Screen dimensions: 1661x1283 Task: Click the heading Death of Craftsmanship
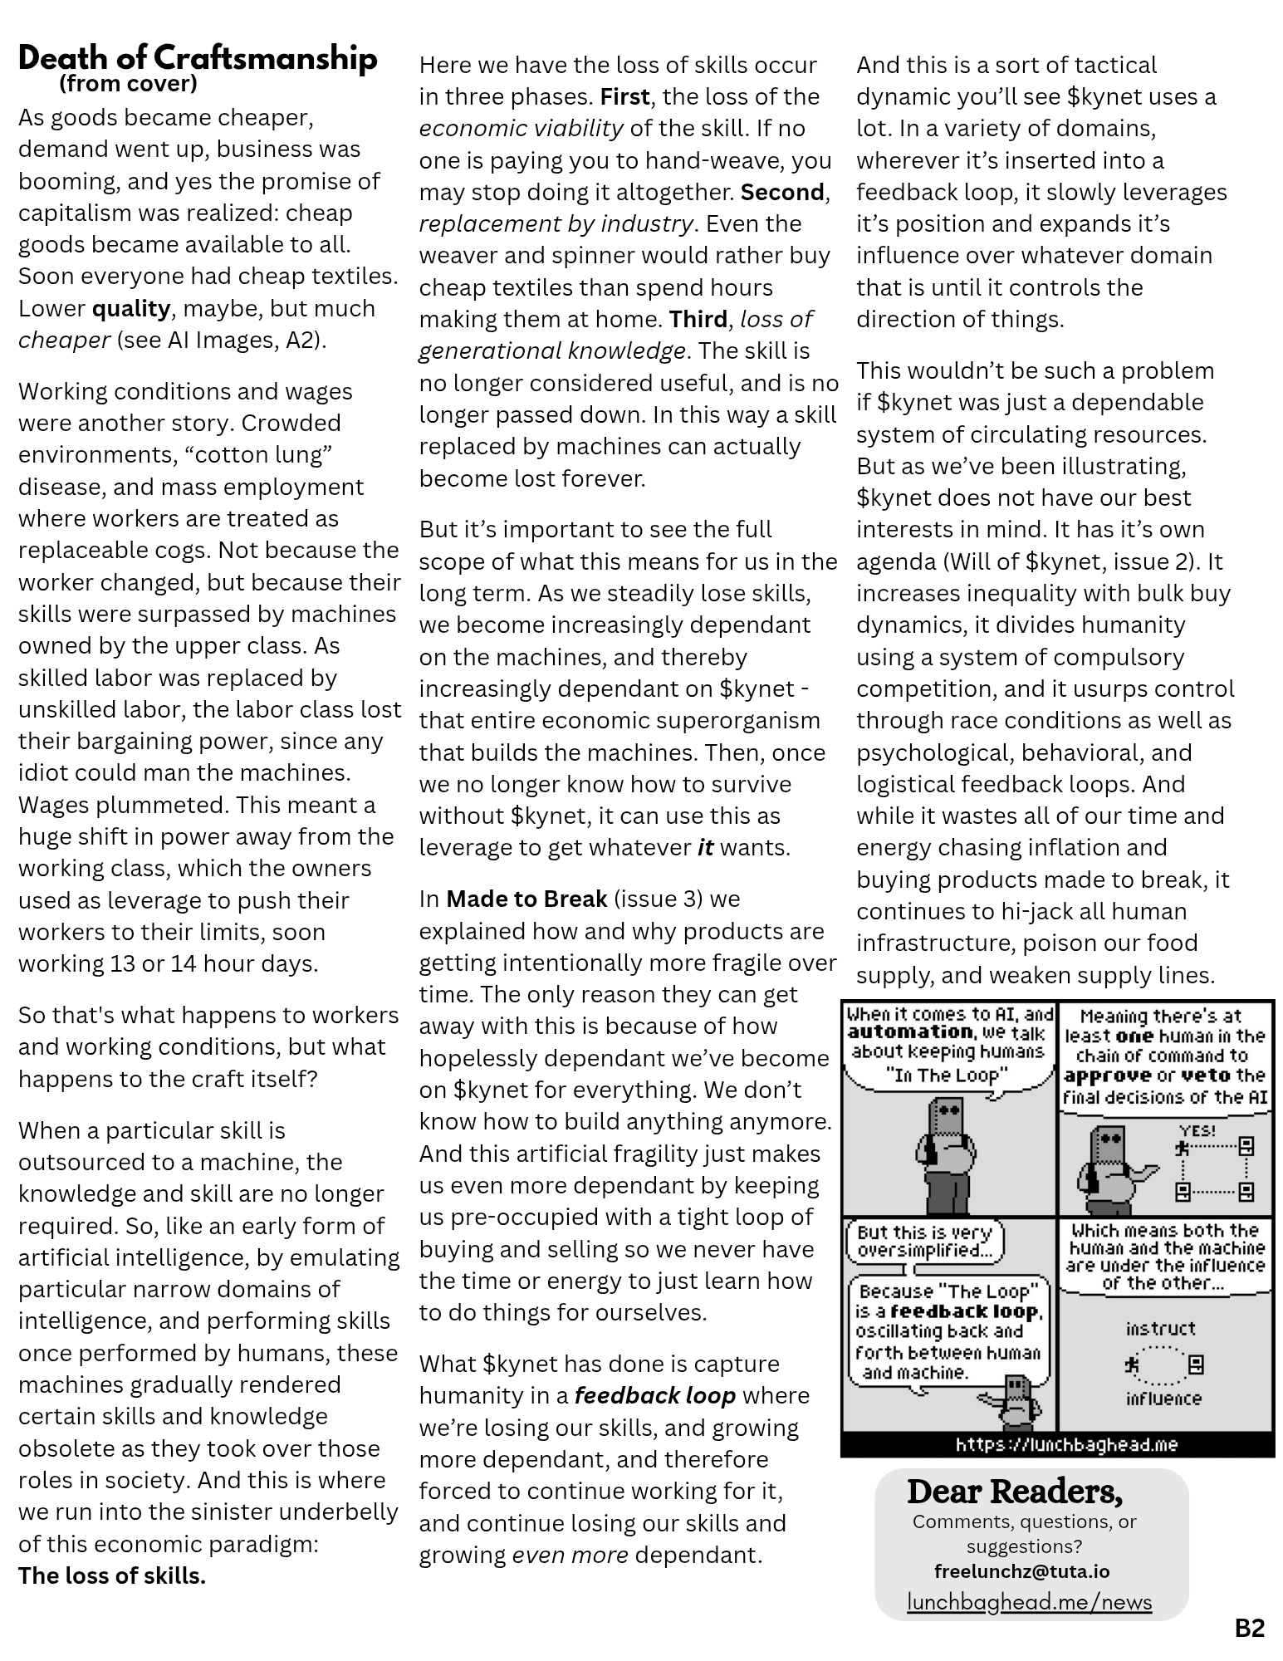[198, 58]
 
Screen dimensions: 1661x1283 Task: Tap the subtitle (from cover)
[128, 84]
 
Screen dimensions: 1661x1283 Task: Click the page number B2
[1249, 1628]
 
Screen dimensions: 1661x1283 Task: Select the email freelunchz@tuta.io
[1021, 1571]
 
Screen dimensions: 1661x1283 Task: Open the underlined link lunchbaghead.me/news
[1029, 1601]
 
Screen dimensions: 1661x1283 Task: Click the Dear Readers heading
[1014, 1492]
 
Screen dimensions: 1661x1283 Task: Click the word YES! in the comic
[1197, 1131]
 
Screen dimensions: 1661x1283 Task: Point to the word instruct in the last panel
[1160, 1329]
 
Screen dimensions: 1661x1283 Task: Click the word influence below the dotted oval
[1163, 1399]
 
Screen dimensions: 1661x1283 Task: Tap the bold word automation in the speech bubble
[908, 1032]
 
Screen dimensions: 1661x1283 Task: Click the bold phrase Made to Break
[526, 899]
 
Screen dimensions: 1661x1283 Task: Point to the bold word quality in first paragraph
[130, 309]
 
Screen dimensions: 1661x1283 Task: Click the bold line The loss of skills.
[112, 1575]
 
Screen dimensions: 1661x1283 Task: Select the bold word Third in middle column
[698, 319]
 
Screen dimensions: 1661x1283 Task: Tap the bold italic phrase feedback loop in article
[654, 1395]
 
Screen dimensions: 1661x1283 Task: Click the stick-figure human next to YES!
[1183, 1149]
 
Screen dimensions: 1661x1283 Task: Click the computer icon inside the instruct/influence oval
[1197, 1364]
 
